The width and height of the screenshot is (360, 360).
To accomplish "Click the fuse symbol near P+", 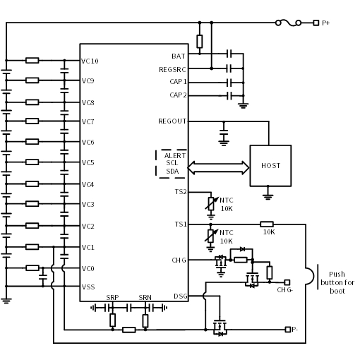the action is pyautogui.click(x=288, y=23).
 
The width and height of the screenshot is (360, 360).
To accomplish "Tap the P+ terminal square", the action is pyautogui.click(x=316, y=23).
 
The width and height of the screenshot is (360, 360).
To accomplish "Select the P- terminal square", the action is pyautogui.click(x=288, y=330).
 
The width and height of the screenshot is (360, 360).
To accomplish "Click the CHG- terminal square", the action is pyautogui.click(x=287, y=282).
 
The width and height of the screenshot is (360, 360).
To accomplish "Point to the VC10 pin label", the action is pyautogui.click(x=90, y=61).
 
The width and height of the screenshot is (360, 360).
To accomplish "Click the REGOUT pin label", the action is pyautogui.click(x=172, y=121).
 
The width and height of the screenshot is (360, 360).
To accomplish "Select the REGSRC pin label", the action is pyautogui.click(x=172, y=70).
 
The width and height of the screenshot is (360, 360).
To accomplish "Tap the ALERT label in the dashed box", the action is pyautogui.click(x=175, y=156).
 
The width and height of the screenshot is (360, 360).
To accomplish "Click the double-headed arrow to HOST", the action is pyautogui.click(x=218, y=168).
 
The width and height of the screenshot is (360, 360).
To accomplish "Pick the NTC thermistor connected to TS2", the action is pyautogui.click(x=211, y=204).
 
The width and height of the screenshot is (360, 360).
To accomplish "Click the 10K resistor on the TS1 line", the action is pyautogui.click(x=267, y=224).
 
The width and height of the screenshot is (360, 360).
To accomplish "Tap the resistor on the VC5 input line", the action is pyautogui.click(x=32, y=162).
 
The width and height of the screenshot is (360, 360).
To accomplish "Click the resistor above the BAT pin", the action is pyautogui.click(x=200, y=42).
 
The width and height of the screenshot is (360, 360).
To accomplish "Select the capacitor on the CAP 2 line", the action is pyautogui.click(x=229, y=96).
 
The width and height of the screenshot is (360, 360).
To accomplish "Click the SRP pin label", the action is pyautogui.click(x=112, y=298).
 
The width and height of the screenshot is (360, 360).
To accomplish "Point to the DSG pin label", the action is pyautogui.click(x=181, y=296).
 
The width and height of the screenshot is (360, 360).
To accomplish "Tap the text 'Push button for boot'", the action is pyautogui.click(x=337, y=282).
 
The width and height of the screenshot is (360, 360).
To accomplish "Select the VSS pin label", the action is pyautogui.click(x=88, y=287).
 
